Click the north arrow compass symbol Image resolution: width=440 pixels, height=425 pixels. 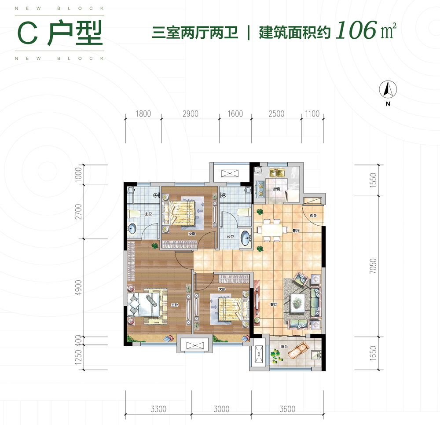click(x=388, y=90)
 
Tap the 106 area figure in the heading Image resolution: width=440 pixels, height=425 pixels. click(x=355, y=31)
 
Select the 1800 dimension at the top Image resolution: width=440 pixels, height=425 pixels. click(x=143, y=114)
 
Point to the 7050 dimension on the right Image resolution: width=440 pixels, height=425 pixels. click(x=373, y=266)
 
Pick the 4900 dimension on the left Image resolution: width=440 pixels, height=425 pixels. click(x=79, y=288)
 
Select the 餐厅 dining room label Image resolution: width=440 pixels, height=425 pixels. click(x=296, y=230)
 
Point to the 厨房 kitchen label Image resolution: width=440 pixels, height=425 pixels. click(x=276, y=189)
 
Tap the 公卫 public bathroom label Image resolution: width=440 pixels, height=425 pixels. click(x=230, y=237)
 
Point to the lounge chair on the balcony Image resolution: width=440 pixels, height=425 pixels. click(x=302, y=350)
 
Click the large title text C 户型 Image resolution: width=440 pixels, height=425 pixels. click(x=60, y=33)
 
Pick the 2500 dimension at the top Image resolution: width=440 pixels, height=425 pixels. click(x=276, y=114)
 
